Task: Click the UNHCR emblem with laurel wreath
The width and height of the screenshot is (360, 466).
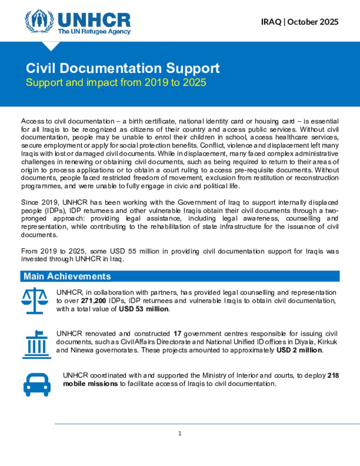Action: point(39,21)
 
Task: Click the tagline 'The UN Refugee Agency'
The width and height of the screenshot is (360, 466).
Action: point(94,32)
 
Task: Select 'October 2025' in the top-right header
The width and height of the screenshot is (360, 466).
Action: point(313,22)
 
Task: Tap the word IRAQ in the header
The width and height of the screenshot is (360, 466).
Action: point(271,22)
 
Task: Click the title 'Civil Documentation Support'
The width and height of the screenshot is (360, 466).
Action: point(123,68)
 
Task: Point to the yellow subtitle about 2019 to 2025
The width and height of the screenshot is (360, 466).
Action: point(116,83)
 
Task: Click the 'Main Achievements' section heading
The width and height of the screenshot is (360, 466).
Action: point(67,276)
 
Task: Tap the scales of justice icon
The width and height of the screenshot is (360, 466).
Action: point(34,301)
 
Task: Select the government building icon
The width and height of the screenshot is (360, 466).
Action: point(37,345)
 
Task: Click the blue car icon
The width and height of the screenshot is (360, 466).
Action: point(37,385)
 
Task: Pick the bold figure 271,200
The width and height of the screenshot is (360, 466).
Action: point(94,301)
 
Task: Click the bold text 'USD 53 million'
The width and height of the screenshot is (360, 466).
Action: point(144,309)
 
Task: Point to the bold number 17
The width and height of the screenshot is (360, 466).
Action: point(177,333)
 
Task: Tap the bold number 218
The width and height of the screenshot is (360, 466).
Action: point(333,375)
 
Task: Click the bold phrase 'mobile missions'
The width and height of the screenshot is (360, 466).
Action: point(90,384)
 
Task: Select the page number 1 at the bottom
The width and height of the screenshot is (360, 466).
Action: point(180,434)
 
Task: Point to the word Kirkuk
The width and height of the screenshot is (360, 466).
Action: point(327,342)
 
